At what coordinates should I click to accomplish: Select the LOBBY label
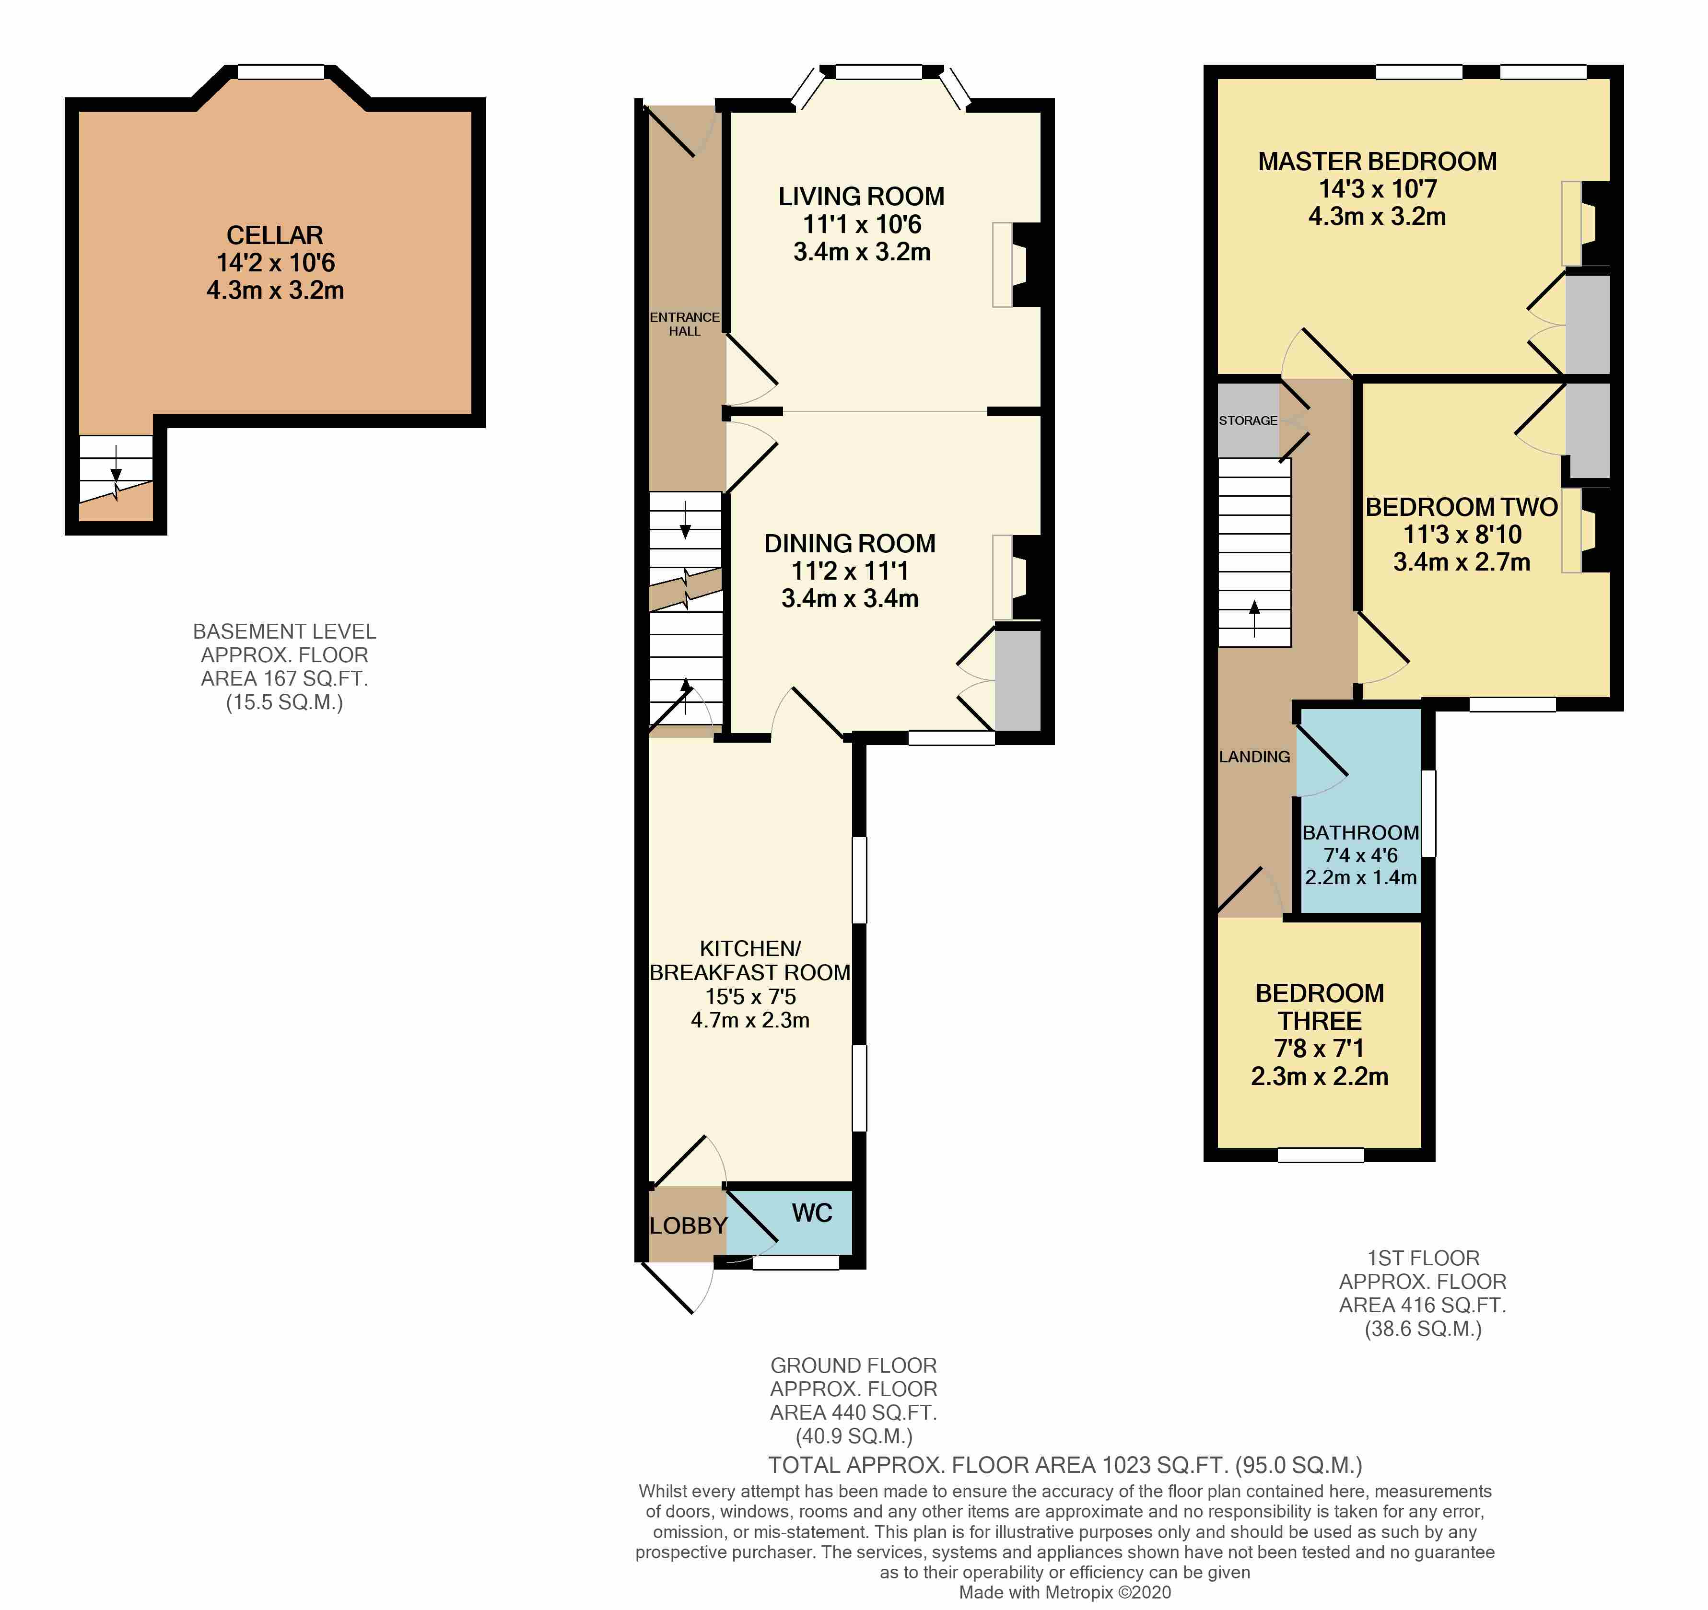coord(687,1226)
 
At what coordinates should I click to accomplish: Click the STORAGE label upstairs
coord(1248,420)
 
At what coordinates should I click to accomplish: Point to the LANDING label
coord(1254,757)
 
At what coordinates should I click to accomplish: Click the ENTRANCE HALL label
coord(685,324)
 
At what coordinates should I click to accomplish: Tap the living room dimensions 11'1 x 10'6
coord(862,224)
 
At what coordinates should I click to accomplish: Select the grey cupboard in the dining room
coord(1018,680)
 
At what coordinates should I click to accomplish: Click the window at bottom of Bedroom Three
coord(1321,1155)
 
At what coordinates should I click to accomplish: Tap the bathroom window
coord(1428,813)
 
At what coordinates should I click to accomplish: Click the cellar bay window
coord(281,73)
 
